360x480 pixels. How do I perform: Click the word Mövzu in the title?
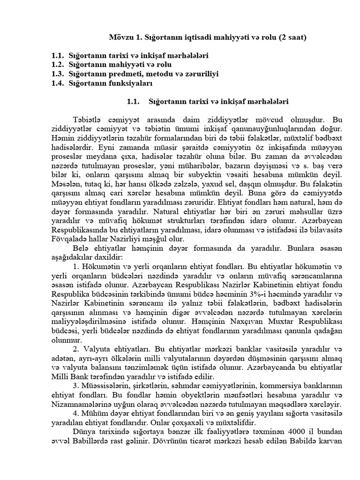point(120,36)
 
